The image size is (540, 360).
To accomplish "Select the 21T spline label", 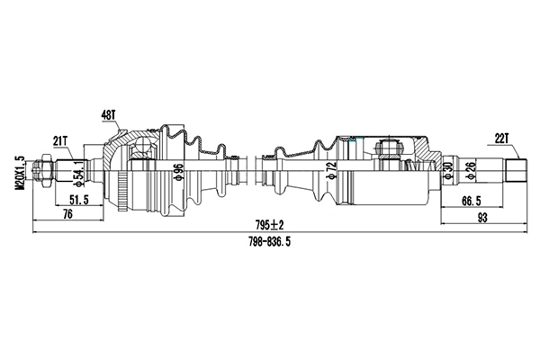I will click(x=61, y=139).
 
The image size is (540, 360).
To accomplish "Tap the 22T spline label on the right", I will click(x=501, y=137).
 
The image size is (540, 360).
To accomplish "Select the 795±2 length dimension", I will click(x=268, y=224).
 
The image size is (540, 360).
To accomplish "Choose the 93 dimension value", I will click(x=481, y=215).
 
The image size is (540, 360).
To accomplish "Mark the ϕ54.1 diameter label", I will click(x=79, y=169).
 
